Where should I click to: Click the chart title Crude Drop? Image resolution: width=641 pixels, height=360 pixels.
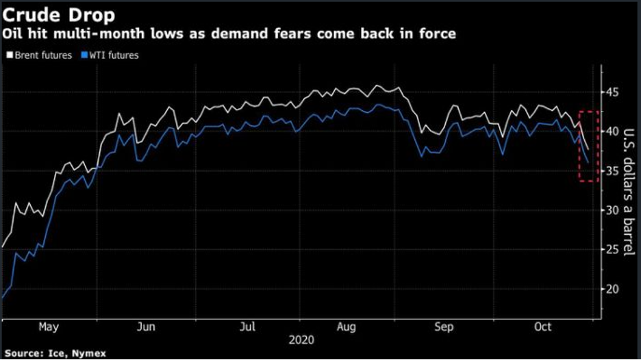click(48, 13)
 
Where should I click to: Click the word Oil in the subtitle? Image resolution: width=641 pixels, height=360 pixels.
click(15, 34)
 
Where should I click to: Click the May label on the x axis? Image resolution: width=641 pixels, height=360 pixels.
click(48, 327)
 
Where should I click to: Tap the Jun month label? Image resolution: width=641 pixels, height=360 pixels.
click(147, 327)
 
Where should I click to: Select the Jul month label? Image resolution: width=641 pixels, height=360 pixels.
click(247, 327)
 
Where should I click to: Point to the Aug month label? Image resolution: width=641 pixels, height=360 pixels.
click(347, 327)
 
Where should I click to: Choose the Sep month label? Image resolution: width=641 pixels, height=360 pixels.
click(444, 327)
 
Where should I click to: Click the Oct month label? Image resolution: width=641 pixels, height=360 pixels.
click(542, 327)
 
